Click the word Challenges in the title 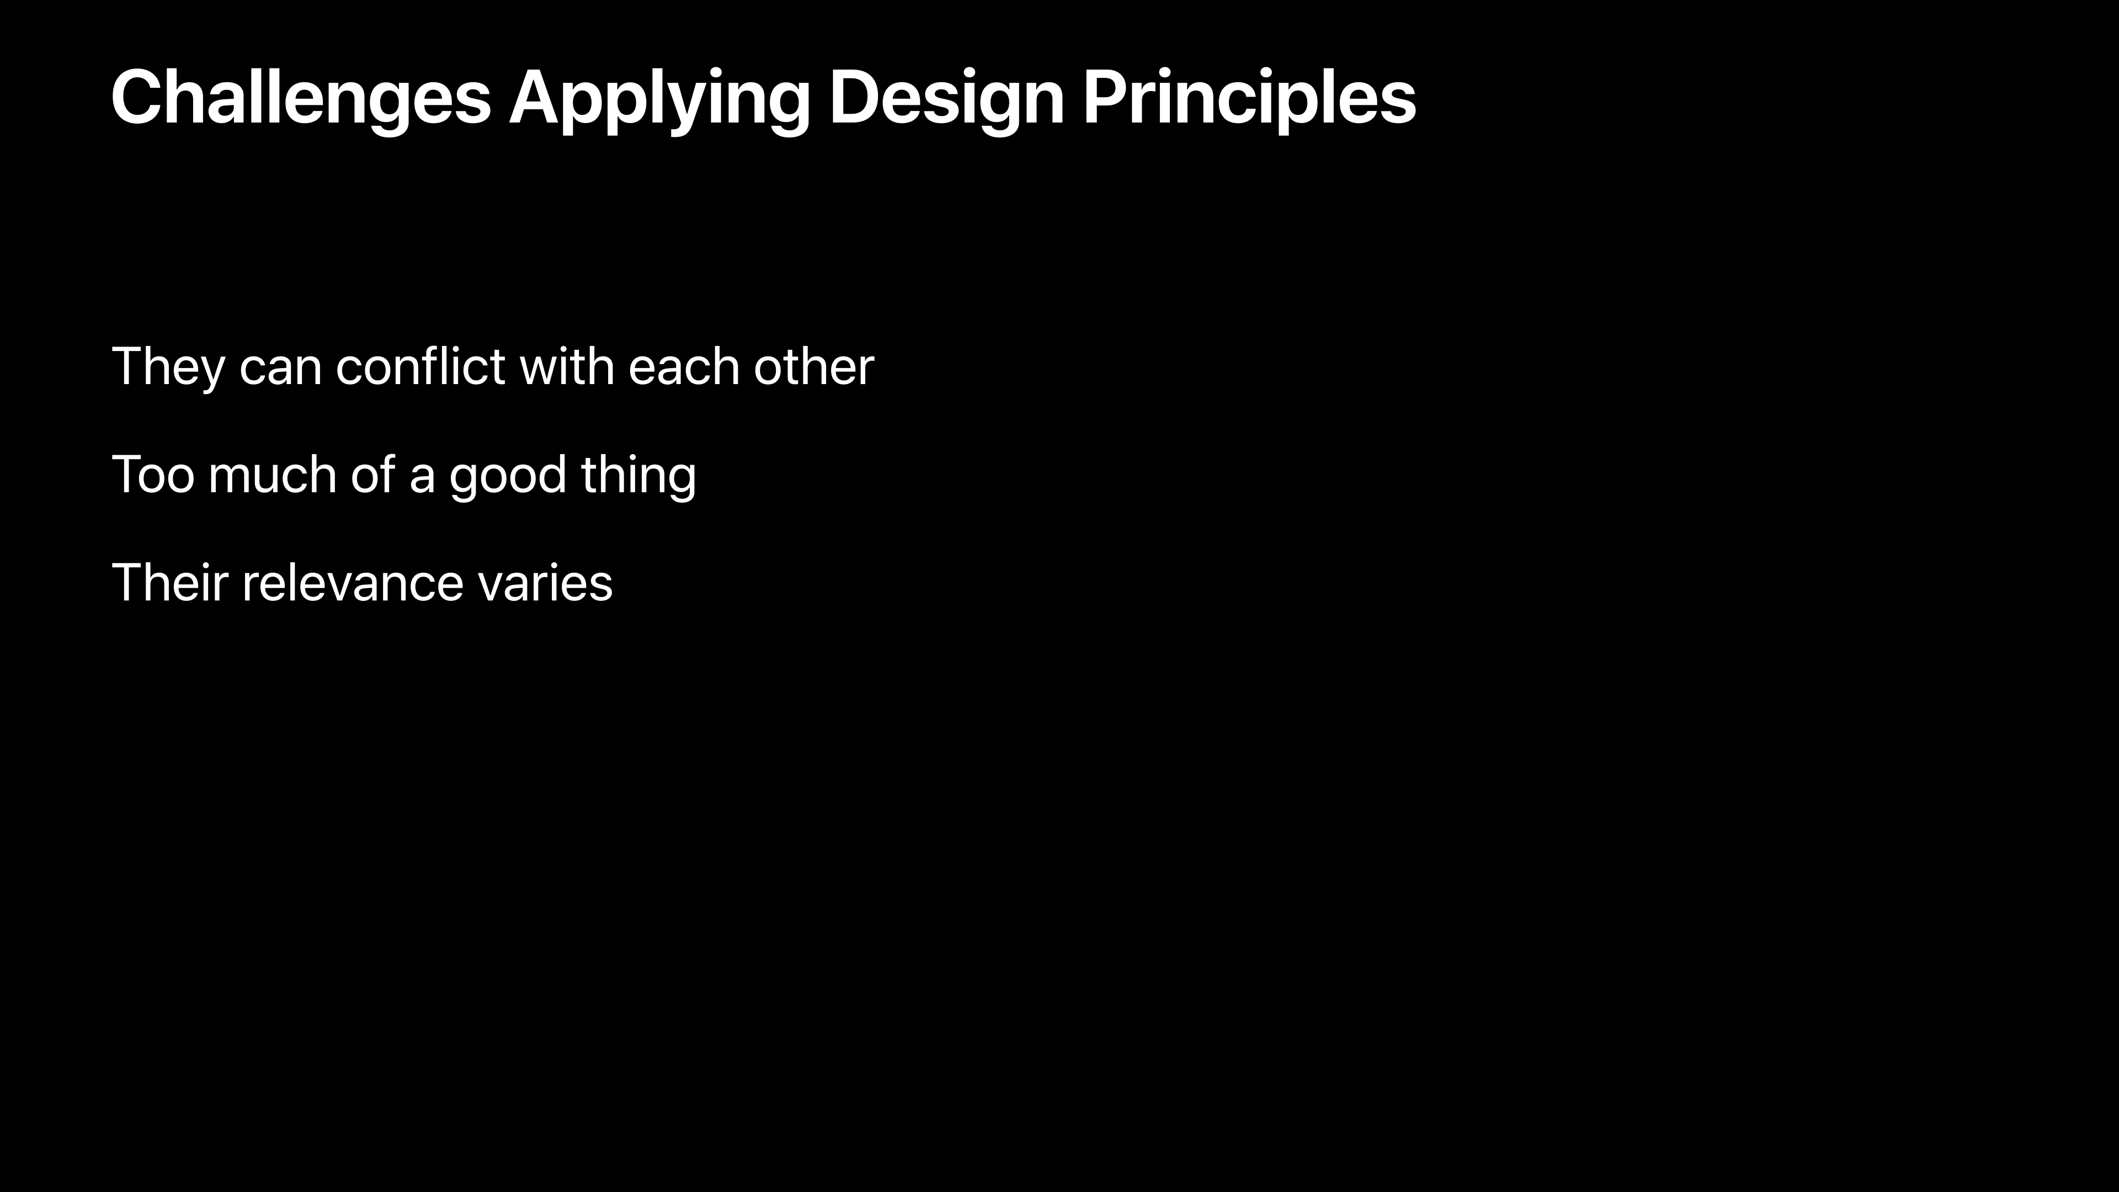point(301,99)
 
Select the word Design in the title point(946,100)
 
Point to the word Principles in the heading point(1249,100)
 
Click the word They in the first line point(168,368)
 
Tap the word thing point(638,477)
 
